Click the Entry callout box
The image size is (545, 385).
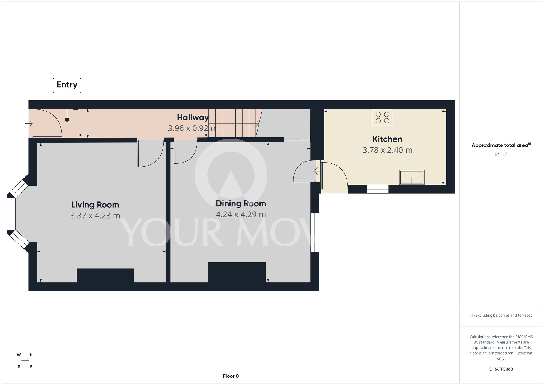pyautogui.click(x=67, y=85)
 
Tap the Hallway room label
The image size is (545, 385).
pyautogui.click(x=193, y=117)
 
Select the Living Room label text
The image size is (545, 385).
pyautogui.click(x=95, y=205)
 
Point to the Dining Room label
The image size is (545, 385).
pyautogui.click(x=241, y=204)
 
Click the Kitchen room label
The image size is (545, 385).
pyautogui.click(x=387, y=139)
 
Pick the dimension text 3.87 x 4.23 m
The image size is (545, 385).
pyautogui.click(x=95, y=216)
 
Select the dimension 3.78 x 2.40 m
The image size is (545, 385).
pyautogui.click(x=387, y=150)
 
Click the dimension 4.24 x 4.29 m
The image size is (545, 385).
pyautogui.click(x=241, y=215)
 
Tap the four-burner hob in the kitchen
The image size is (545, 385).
pyautogui.click(x=382, y=118)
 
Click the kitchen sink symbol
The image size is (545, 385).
pyautogui.click(x=412, y=177)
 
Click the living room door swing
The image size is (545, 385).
pyautogui.click(x=150, y=153)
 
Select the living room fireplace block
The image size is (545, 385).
pyautogui.click(x=105, y=276)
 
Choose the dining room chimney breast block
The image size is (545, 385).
pyautogui.click(x=237, y=272)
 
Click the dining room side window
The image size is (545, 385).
pyautogui.click(x=315, y=233)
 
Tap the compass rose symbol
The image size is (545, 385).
pyautogui.click(x=25, y=361)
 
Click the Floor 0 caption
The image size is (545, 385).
pyautogui.click(x=231, y=376)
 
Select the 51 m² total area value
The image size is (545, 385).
pyautogui.click(x=501, y=154)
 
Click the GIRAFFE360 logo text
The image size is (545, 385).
pyautogui.click(x=501, y=369)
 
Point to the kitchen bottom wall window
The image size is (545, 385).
pyautogui.click(x=377, y=189)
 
